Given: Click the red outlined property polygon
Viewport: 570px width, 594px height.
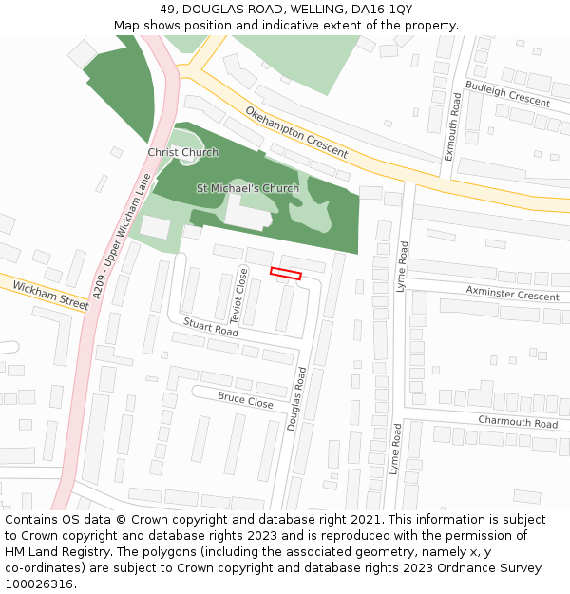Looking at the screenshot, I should pos(285,274).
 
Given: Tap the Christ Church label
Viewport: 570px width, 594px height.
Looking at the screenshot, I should pos(182,152).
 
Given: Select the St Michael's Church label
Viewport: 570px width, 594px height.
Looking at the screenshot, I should pos(247,188).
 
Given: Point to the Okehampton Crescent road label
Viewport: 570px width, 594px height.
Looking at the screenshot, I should pos(296,132).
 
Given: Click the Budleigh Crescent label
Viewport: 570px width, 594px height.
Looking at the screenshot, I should pos(507,94).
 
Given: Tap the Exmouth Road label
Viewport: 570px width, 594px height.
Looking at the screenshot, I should pos(453,126).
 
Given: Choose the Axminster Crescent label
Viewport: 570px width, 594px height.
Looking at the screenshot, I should pos(511,292).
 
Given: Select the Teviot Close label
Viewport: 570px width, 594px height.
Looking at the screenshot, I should pos(240,296).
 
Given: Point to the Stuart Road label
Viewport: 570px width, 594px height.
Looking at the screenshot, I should pos(210,327).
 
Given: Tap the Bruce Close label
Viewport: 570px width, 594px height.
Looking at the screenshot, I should pos(245,400).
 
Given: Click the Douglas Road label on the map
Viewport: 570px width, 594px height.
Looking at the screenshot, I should pos(296,399).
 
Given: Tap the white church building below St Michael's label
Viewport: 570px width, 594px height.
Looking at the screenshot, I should pos(245,213).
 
